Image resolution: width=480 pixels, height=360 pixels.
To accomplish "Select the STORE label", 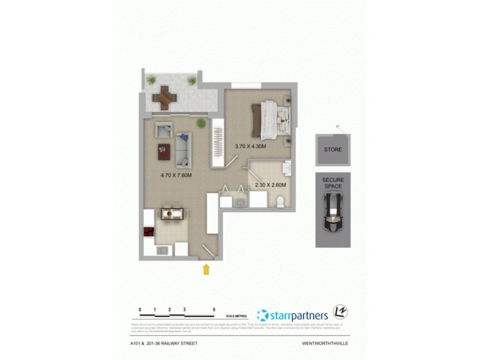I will click(332, 149).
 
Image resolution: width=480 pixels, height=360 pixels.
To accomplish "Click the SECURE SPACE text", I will click(332, 183).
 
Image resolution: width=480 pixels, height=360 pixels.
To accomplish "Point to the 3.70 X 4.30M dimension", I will click(250, 146).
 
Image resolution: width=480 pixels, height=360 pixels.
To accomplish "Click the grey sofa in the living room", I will click(184, 149).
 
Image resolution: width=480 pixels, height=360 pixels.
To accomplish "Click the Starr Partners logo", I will click(292, 315).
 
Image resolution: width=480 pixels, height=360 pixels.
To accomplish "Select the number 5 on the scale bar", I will click(214, 310).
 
